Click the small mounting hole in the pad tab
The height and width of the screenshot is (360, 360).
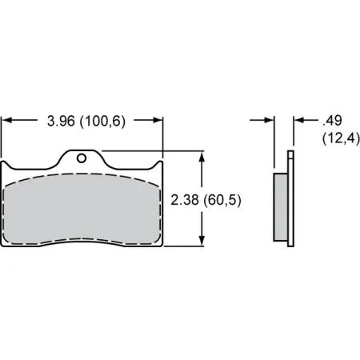pos(80,158)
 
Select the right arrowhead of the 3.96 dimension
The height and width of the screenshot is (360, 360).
pos(158,121)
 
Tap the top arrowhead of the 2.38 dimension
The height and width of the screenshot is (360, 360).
pos(201,156)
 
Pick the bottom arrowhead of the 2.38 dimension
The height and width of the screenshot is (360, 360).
pos(201,242)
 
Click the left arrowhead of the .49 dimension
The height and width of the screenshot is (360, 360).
pos(270,121)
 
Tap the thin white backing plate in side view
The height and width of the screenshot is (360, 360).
pos(290,200)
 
